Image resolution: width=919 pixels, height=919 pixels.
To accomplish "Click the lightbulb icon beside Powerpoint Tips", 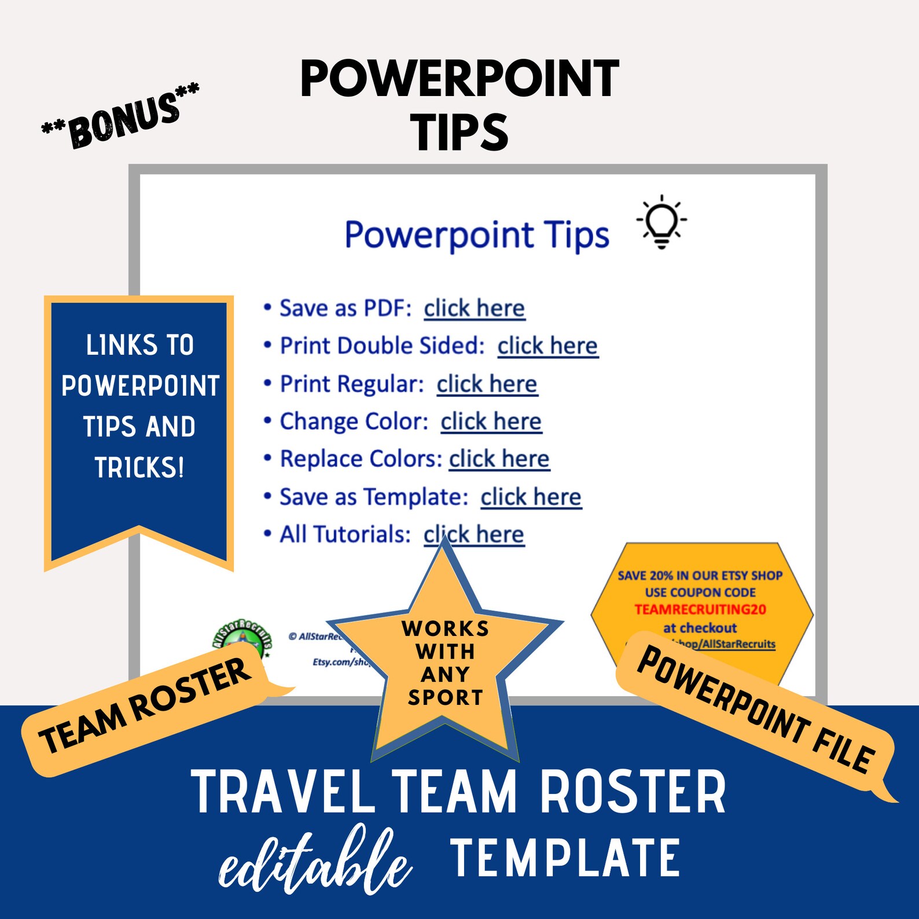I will [x=661, y=222].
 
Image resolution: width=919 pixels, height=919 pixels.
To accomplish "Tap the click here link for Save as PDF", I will [x=474, y=308].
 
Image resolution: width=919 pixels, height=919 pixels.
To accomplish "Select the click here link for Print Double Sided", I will [x=547, y=346].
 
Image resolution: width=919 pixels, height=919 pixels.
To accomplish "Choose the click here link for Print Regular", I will [x=487, y=384].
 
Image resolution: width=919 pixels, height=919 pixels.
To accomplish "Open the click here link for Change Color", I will [x=491, y=422].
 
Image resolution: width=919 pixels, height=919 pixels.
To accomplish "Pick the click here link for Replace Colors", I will [x=499, y=459].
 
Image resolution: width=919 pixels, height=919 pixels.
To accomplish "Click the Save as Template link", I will [x=531, y=497].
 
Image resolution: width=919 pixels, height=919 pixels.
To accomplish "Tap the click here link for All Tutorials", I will [x=474, y=535].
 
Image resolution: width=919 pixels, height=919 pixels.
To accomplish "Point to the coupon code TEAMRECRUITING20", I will [x=700, y=609].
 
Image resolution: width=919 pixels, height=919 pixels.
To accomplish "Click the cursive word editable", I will [x=315, y=862].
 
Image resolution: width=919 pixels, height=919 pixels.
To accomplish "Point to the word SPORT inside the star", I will [x=445, y=697].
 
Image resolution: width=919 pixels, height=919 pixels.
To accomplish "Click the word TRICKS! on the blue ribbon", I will [x=139, y=468].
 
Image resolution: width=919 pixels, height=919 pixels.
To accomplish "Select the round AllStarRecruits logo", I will [x=242, y=639].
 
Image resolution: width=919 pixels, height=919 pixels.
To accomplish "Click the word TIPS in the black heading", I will [x=459, y=132].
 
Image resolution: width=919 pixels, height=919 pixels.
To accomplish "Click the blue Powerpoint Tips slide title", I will [x=476, y=235].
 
